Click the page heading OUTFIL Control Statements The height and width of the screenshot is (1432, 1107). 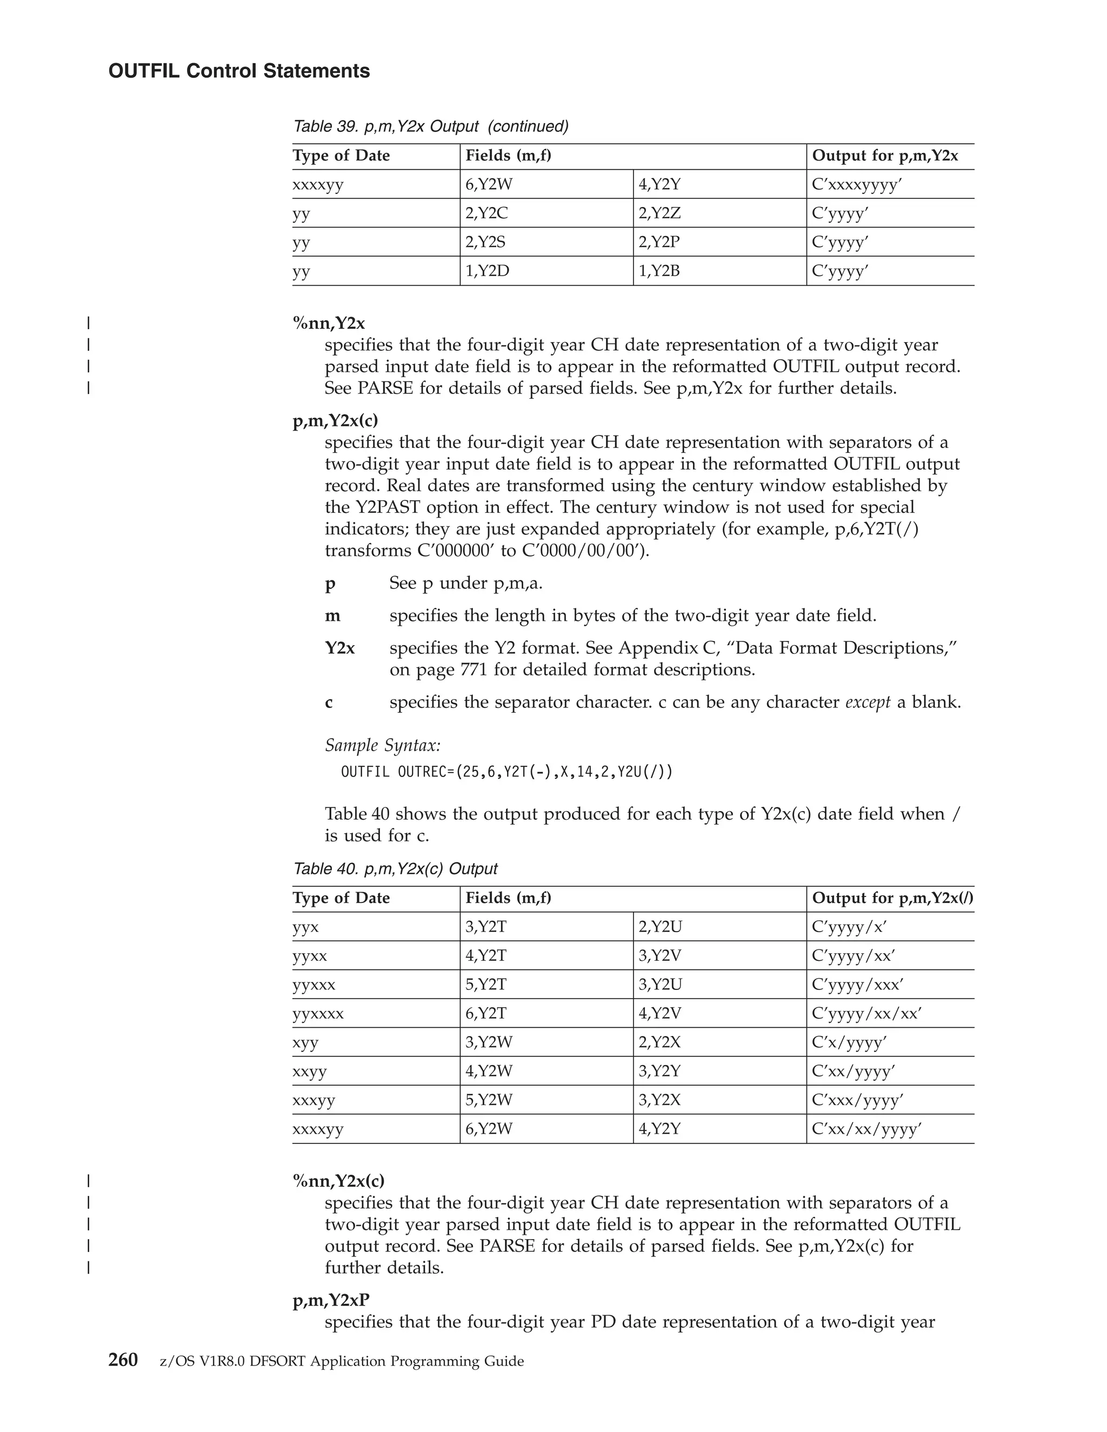239,71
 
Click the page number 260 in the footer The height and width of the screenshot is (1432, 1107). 123,1361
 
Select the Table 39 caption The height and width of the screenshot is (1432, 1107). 430,126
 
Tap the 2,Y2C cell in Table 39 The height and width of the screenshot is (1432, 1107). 486,213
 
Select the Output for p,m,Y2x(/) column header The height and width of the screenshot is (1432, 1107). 892,898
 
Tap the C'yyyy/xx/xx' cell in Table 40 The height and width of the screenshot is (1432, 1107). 866,1014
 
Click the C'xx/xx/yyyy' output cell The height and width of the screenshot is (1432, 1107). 866,1129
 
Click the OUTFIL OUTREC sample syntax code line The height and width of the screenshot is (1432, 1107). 506,772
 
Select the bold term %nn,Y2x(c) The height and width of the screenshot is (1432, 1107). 338,1181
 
